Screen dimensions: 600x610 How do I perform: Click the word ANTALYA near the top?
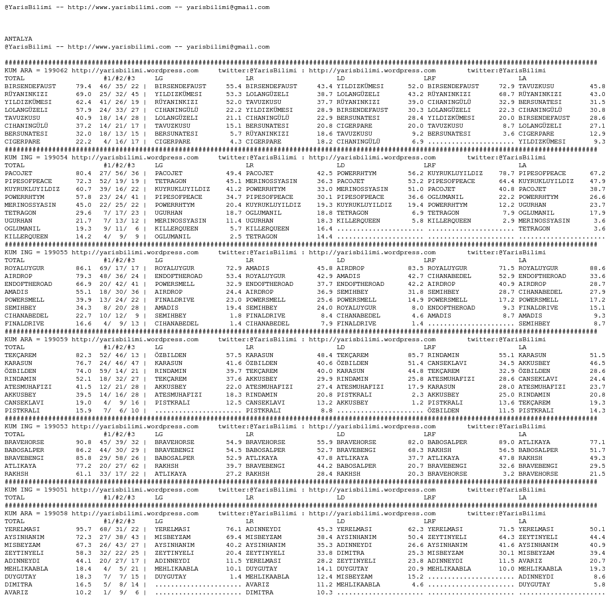coord(18,39)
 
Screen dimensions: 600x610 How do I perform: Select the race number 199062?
coord(55,71)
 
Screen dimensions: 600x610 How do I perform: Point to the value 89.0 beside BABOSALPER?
coord(507,442)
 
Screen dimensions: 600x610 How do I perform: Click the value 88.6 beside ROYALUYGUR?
coord(598,268)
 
